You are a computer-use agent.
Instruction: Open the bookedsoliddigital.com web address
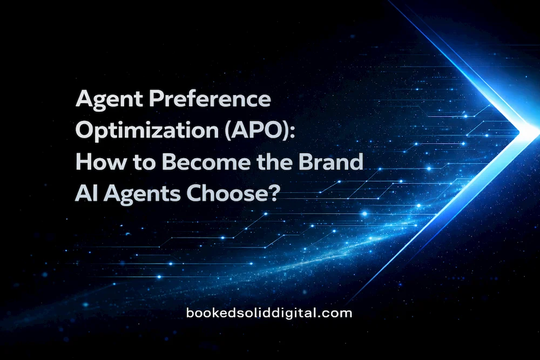coord(268,313)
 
